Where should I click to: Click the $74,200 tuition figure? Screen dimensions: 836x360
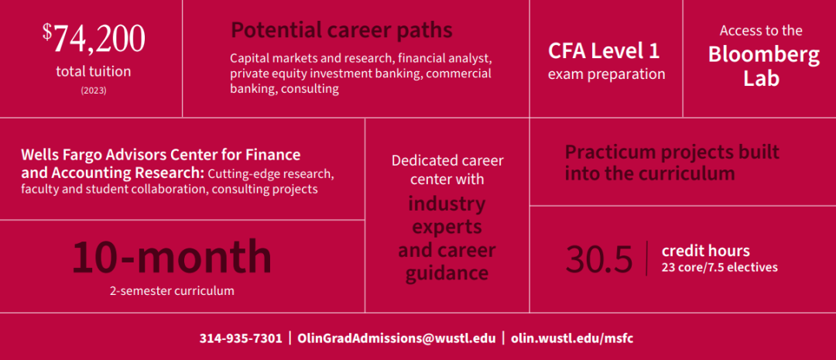(94, 39)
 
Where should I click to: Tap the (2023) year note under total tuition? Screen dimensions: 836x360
(94, 91)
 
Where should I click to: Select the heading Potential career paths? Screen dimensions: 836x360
(342, 30)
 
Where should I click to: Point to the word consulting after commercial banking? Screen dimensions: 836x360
(310, 88)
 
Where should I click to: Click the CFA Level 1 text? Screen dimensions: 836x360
(604, 51)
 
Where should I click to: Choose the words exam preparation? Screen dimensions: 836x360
(607, 74)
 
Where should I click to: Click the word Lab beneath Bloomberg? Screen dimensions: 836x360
(762, 78)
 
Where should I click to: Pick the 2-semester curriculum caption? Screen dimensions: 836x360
(172, 291)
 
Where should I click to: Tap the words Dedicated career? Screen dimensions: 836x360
(447, 160)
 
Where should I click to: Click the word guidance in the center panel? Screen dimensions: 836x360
(447, 273)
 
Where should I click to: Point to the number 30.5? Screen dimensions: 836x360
(599, 259)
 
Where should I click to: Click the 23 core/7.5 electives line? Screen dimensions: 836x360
(719, 267)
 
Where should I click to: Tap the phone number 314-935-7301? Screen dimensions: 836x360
(241, 338)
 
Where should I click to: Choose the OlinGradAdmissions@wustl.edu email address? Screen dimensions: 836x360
(396, 338)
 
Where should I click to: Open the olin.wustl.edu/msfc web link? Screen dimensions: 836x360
(572, 338)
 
